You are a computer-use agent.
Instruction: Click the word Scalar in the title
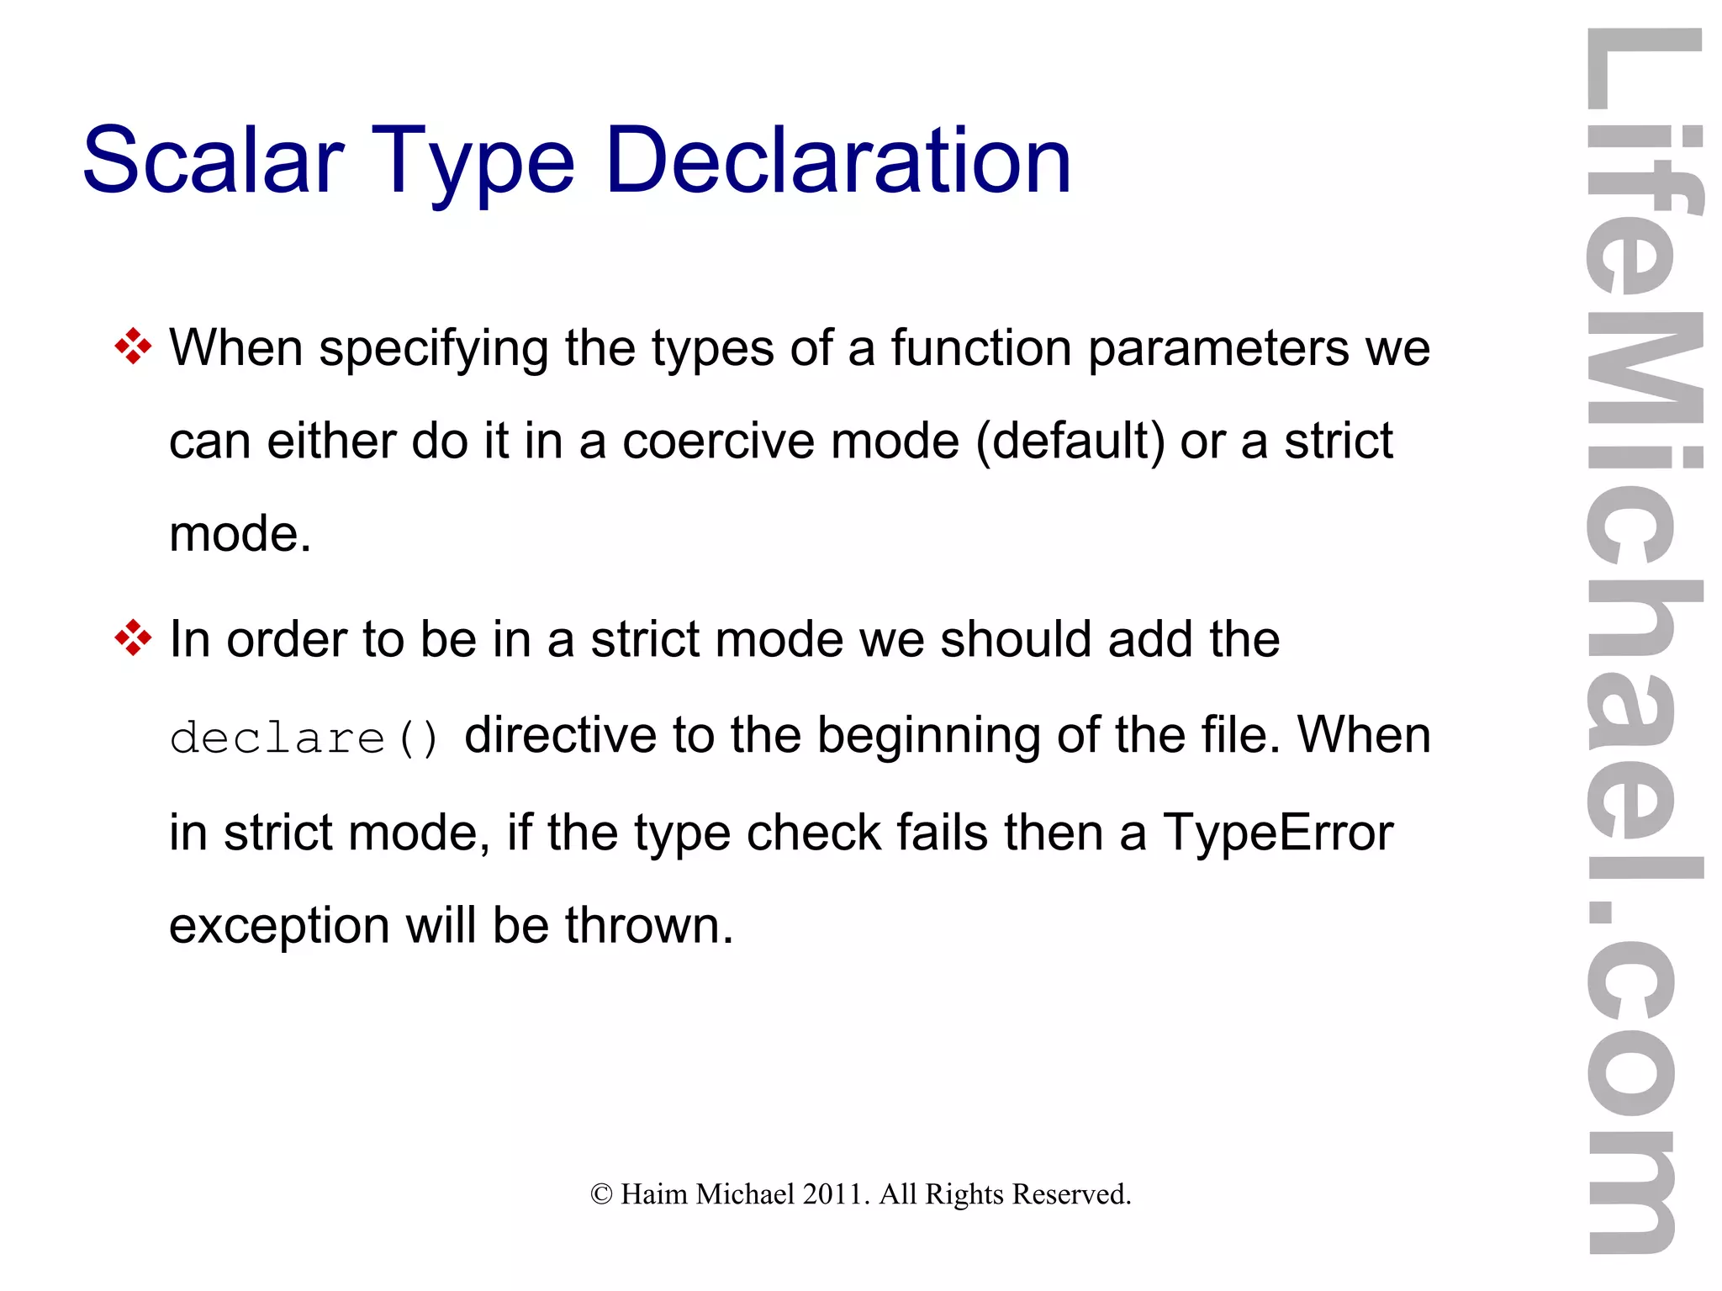click(214, 160)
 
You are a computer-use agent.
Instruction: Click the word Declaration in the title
click(837, 160)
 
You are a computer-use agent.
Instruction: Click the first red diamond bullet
click(133, 347)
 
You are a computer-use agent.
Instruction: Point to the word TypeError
click(1278, 833)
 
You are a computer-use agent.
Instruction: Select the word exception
click(279, 926)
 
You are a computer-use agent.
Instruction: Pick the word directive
click(560, 735)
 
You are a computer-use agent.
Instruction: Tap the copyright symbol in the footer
click(601, 1194)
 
